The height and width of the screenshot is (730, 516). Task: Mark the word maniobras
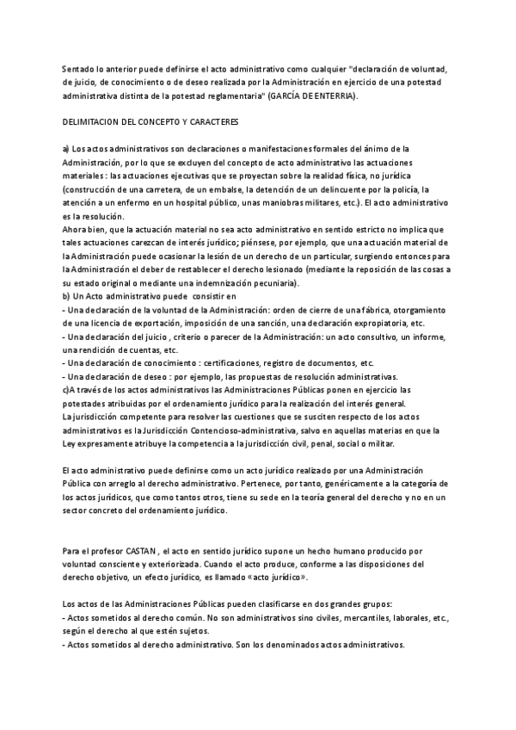coord(304,202)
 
